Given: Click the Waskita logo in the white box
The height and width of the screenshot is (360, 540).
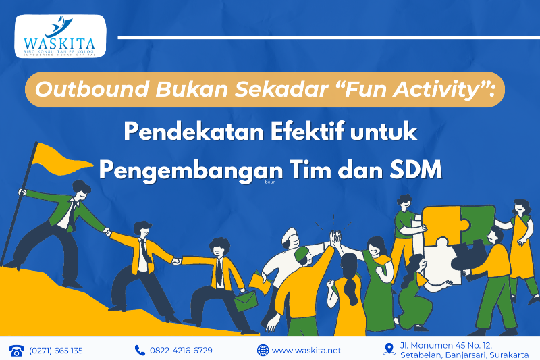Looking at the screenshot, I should pos(60,36).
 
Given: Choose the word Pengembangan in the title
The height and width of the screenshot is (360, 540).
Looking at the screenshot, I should pos(181,169).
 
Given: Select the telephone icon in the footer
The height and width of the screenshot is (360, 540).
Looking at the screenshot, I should pos(16,350).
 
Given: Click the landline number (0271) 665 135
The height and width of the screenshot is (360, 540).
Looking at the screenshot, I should pos(56,350).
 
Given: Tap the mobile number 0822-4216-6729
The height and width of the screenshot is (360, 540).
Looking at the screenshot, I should pos(180,350).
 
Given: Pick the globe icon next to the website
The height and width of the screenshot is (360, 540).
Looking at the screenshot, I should pos(263,350).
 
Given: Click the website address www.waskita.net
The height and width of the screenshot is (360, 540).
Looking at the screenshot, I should pos(306,350).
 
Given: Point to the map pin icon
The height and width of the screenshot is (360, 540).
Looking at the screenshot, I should pos(389,349).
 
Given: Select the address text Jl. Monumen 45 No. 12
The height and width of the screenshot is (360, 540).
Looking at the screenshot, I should pos(446,345).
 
